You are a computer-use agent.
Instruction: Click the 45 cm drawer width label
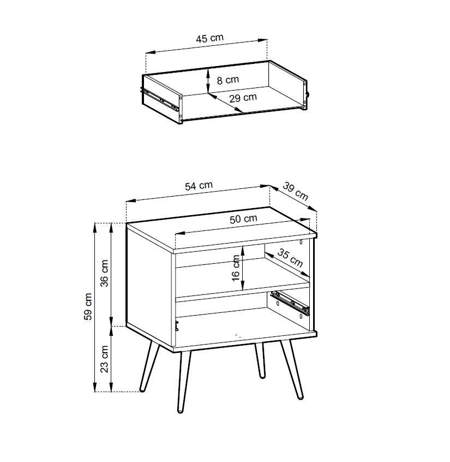209,38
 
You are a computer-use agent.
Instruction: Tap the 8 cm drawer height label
228,80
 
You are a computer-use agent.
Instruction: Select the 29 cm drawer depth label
243,98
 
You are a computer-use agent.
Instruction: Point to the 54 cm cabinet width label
199,186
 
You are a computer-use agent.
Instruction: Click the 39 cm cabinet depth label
296,191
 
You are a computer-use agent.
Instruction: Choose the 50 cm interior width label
243,218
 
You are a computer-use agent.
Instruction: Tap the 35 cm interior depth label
290,258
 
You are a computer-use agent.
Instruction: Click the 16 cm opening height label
236,268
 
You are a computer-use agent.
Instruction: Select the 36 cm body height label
105,273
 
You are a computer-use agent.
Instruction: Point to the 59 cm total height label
88,307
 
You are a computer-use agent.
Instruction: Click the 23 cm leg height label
105,359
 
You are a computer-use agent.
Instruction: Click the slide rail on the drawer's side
161,99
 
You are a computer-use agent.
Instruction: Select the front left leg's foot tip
180,411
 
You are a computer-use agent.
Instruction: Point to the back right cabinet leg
260,360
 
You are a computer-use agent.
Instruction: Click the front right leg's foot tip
300,398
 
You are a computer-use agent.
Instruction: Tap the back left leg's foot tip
142,390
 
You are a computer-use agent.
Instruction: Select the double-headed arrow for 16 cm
243,268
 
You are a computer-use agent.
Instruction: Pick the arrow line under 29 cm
225,103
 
